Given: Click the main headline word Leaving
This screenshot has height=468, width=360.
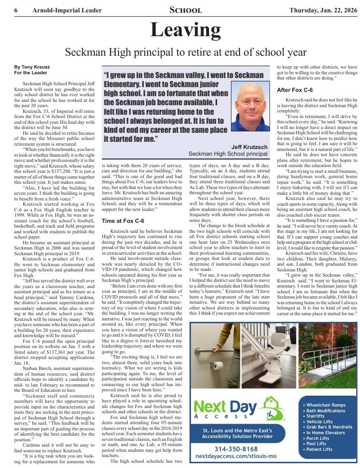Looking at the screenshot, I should [185, 30].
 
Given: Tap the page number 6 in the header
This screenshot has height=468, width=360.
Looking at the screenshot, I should [16, 10].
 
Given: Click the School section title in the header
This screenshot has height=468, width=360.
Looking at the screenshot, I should [185, 10].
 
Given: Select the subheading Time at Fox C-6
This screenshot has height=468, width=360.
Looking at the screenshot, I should [123, 221].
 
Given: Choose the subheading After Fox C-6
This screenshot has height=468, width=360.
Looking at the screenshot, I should [295, 90].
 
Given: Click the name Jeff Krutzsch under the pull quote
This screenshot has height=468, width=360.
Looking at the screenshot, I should [250, 147].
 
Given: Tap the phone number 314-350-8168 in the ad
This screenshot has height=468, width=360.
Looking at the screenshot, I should [237, 449].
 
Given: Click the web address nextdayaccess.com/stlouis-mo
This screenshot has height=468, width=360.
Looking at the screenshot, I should [236, 457].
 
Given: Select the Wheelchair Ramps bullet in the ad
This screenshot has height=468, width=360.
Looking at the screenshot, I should [326, 405].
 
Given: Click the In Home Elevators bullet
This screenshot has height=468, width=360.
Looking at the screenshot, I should [326, 433].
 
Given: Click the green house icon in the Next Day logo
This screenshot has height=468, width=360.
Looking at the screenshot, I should [273, 408].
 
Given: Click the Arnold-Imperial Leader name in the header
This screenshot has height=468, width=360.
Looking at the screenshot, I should [67, 10].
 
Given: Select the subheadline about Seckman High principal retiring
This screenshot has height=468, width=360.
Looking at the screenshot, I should [185, 52].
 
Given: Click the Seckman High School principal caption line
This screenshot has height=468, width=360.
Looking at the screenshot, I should [228, 154].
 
